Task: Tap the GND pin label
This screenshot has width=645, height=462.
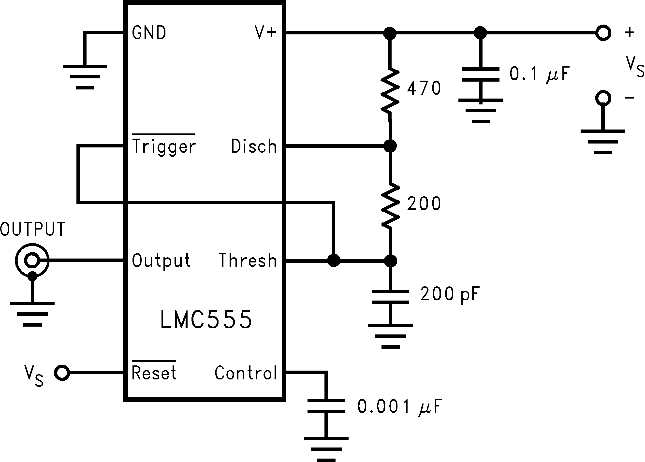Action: tap(149, 32)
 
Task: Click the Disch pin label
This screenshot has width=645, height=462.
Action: tap(254, 146)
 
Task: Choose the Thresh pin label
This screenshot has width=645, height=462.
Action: tap(248, 260)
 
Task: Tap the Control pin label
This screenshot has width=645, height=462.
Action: tap(245, 373)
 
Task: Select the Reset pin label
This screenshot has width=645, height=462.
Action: tap(154, 373)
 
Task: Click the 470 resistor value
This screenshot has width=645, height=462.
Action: tap(424, 88)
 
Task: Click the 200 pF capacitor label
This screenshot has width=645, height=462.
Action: tap(450, 294)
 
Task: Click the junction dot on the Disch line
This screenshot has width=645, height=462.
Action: tap(390, 146)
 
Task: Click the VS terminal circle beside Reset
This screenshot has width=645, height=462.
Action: tap(62, 373)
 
